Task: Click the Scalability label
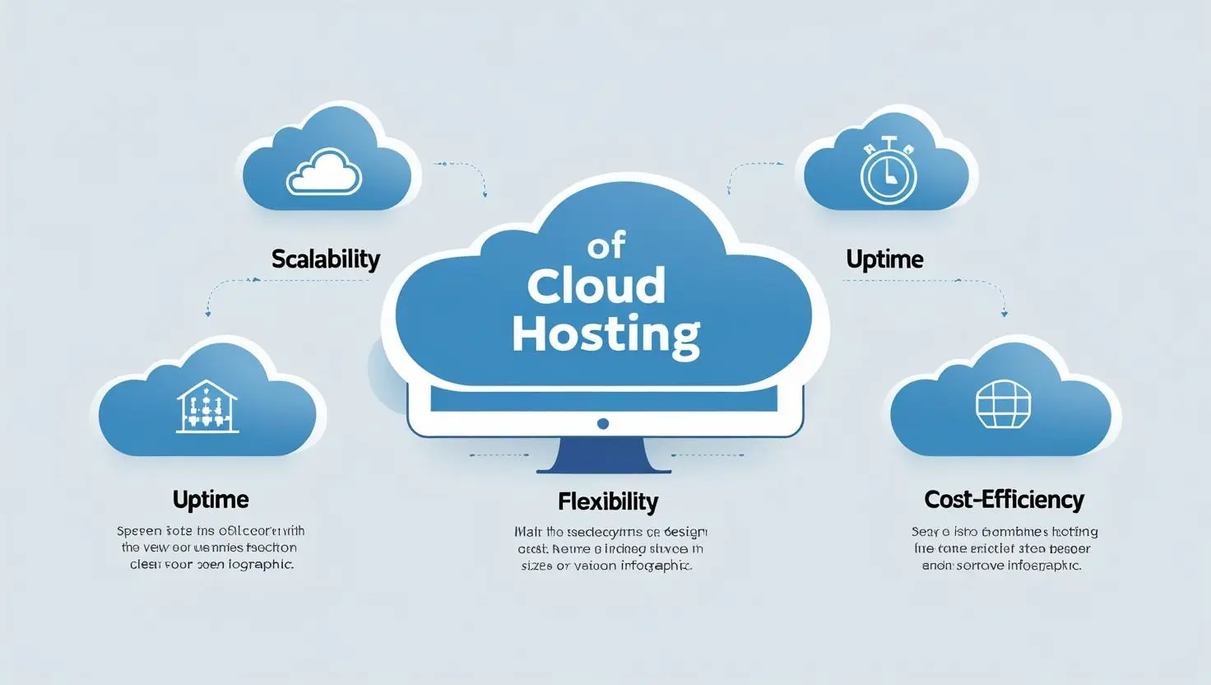coord(326,259)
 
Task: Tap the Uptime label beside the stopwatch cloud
coord(884,259)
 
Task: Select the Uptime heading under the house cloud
coord(211,500)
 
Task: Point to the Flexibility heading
coord(608,501)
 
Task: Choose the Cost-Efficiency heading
coord(1004,500)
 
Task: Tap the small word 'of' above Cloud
coord(606,245)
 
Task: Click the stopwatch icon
coord(888,174)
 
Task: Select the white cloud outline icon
coord(323,172)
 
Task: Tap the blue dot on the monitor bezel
coord(603,424)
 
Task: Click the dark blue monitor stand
coord(603,456)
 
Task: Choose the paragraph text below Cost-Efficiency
coord(1004,549)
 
